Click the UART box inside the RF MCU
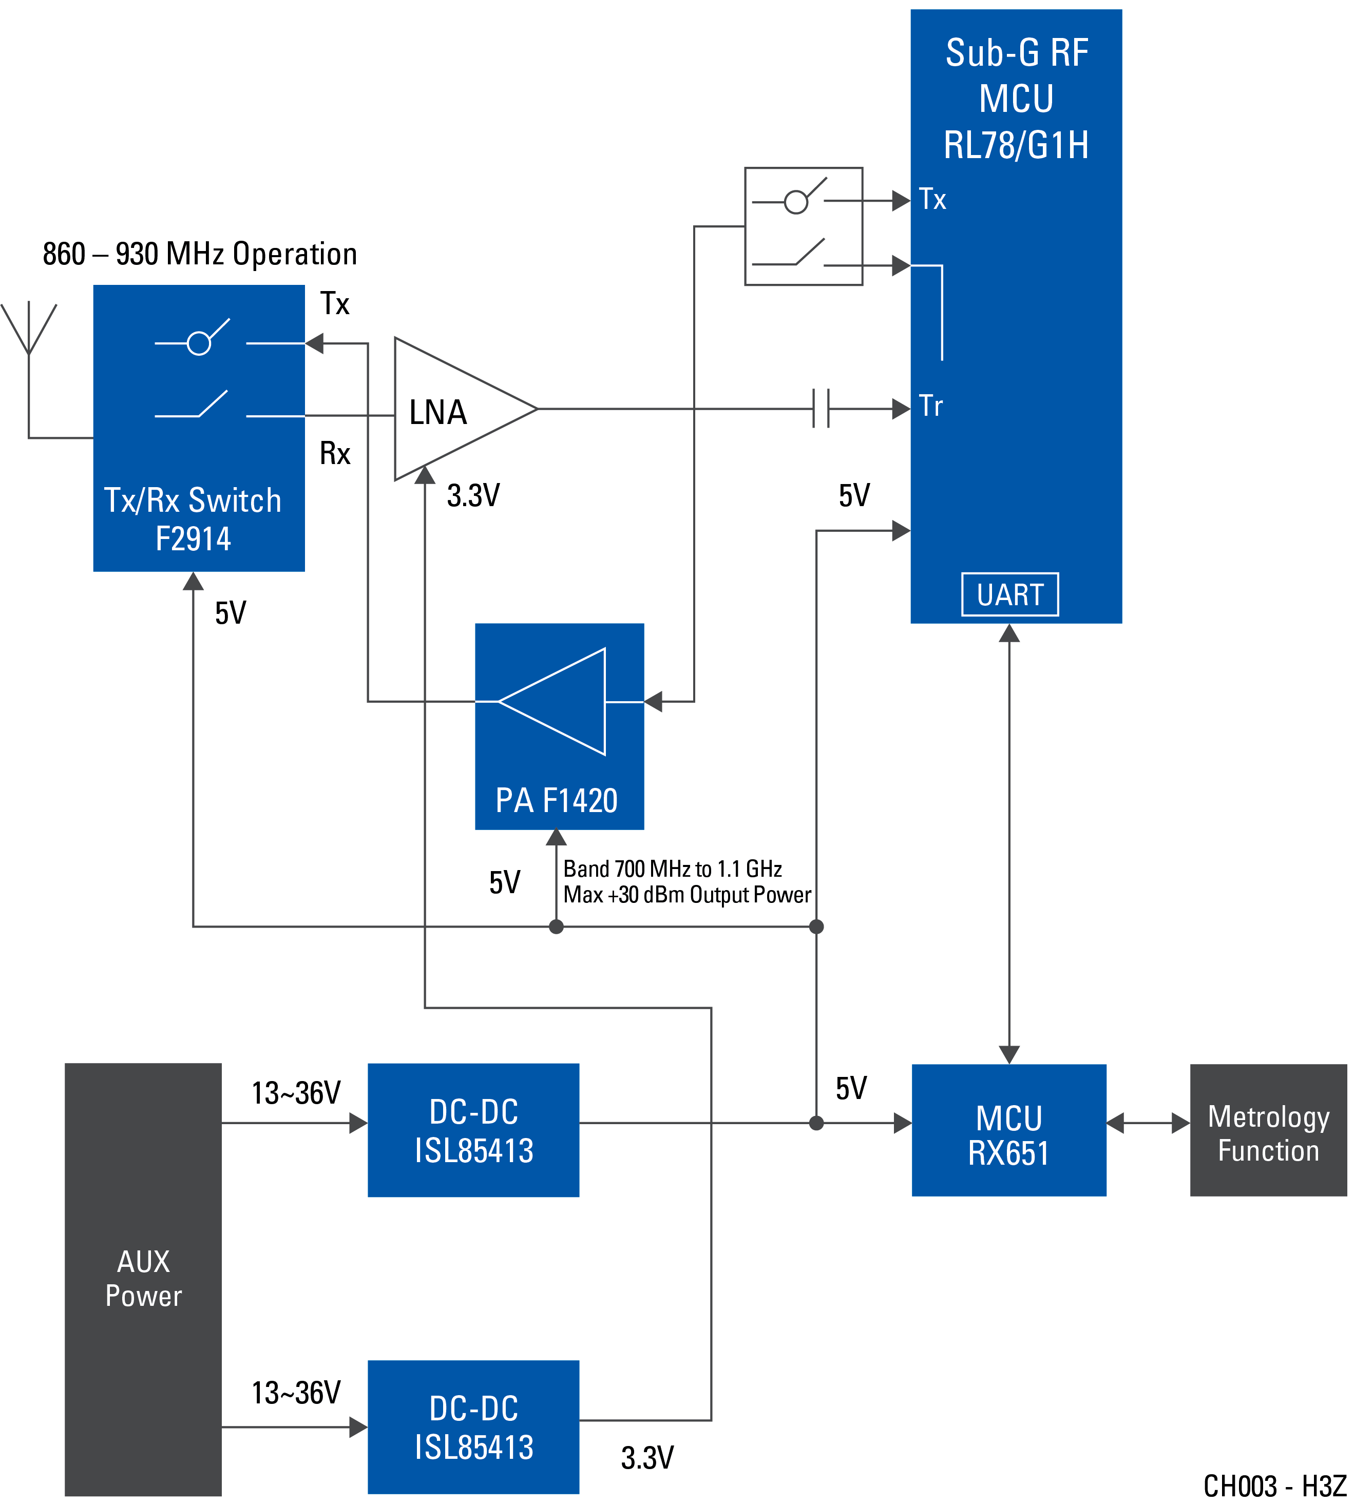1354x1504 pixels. [x=1009, y=594]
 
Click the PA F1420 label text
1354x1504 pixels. [x=557, y=800]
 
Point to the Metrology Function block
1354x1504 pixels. [x=1268, y=1130]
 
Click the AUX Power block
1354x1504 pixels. [x=143, y=1279]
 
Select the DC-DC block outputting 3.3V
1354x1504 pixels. [x=473, y=1426]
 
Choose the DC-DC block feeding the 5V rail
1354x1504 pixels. [x=473, y=1130]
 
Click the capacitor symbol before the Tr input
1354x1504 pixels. [x=821, y=409]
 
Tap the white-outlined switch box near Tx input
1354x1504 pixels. [x=804, y=226]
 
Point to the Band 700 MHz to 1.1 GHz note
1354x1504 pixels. [x=686, y=881]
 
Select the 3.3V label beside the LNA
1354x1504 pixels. [x=473, y=495]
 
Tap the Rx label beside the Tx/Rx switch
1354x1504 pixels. [x=335, y=453]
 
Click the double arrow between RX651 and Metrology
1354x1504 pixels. [x=1148, y=1123]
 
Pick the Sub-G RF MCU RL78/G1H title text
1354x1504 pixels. [x=1016, y=99]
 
